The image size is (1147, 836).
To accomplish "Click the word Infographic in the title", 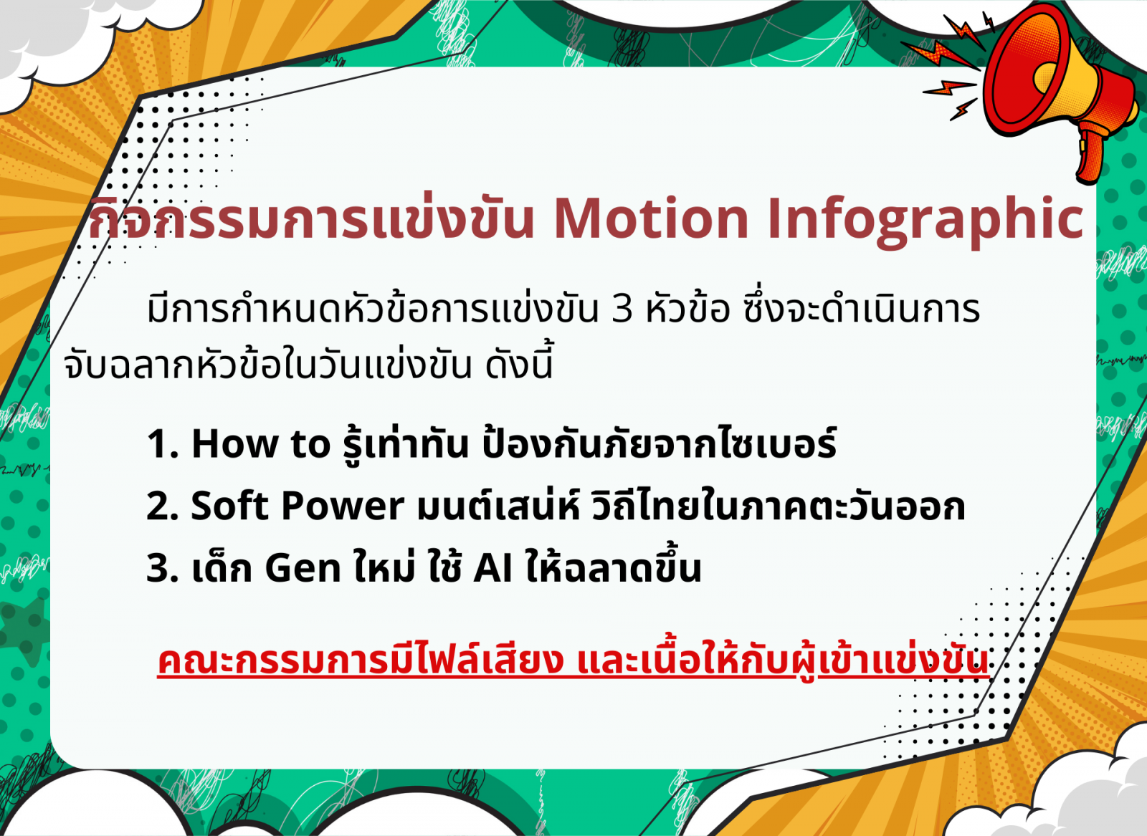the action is (925, 222).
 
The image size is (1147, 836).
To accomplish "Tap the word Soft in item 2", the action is (229, 506).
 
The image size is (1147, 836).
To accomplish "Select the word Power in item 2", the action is (342, 506).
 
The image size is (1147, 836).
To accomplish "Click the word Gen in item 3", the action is (303, 568).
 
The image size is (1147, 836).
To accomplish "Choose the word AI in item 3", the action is (493, 568).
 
